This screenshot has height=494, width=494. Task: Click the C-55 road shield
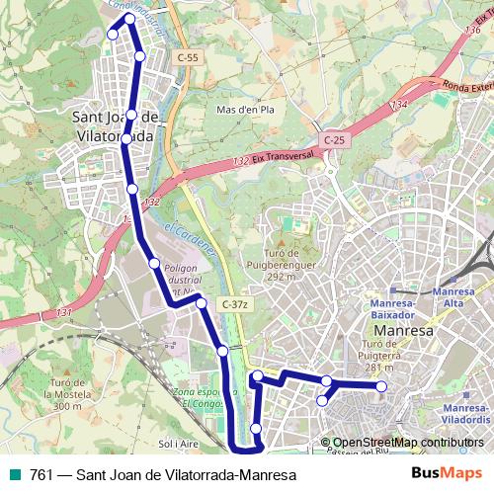(188, 58)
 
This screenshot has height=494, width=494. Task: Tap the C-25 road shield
(334, 140)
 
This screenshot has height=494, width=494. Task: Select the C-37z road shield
(235, 304)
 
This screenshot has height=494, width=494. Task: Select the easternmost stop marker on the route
(382, 386)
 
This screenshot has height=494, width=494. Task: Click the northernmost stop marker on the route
(129, 19)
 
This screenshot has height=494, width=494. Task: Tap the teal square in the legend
(13, 475)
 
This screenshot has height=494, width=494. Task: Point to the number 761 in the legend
(42, 475)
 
